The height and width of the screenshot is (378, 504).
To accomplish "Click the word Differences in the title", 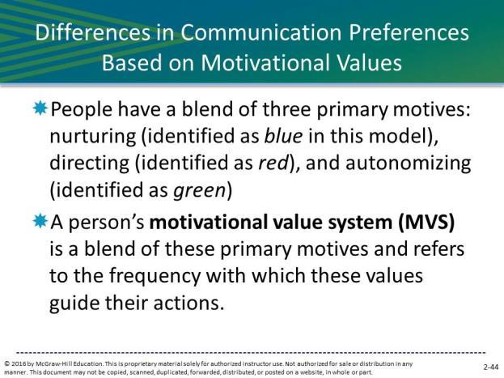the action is coord(92,32).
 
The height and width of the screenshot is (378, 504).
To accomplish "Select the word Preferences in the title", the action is coord(409,32).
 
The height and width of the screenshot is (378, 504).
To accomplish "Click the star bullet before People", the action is coord(40,108).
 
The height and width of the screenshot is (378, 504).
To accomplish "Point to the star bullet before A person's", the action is coord(40,221).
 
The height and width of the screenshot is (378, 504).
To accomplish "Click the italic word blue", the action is coord(283,135).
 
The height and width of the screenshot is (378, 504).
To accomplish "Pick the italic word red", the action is coord(273,163).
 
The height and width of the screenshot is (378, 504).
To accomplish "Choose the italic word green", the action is coord(199,190).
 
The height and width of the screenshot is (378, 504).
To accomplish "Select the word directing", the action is coord(89,164).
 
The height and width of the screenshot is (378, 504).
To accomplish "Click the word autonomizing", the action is coord(409,164).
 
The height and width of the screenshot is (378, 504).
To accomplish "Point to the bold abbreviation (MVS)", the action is coord(426,222).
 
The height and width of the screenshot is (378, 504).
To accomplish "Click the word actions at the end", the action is coord(188,303).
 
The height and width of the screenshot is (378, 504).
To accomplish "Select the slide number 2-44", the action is coord(491,367).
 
